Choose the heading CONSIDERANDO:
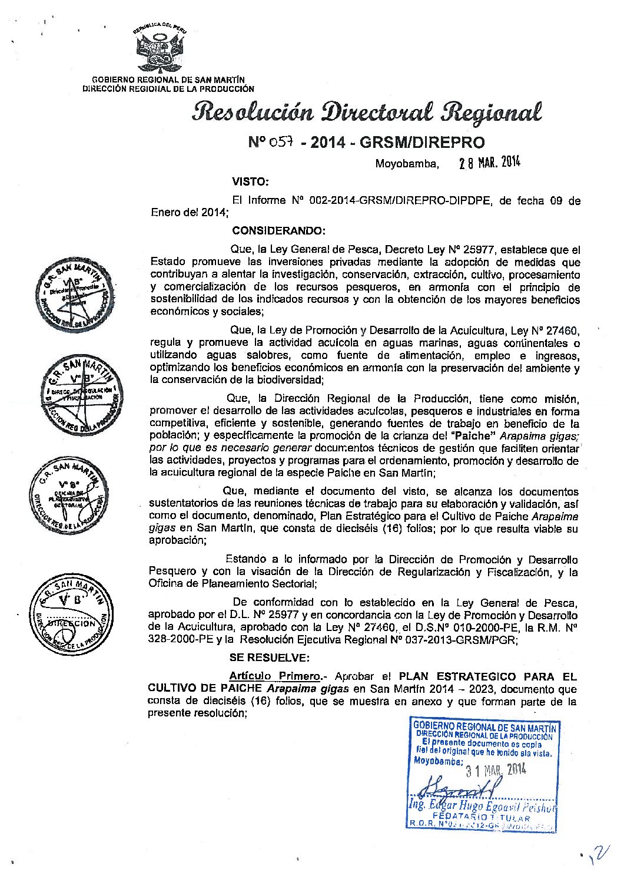(278, 229)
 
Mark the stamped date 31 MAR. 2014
(494, 769)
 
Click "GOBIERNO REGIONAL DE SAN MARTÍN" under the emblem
(168, 80)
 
